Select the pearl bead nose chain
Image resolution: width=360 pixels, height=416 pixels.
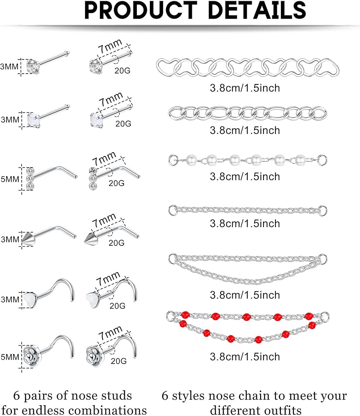click(248, 159)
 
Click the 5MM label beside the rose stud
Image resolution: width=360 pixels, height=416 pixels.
click(10, 345)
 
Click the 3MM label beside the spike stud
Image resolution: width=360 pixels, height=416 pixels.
click(10, 239)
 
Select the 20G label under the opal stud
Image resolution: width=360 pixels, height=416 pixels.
click(123, 124)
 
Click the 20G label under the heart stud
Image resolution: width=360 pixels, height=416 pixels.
click(117, 306)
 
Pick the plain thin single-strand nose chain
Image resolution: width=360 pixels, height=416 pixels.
click(248, 210)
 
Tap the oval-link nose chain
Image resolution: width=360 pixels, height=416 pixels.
click(248, 112)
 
